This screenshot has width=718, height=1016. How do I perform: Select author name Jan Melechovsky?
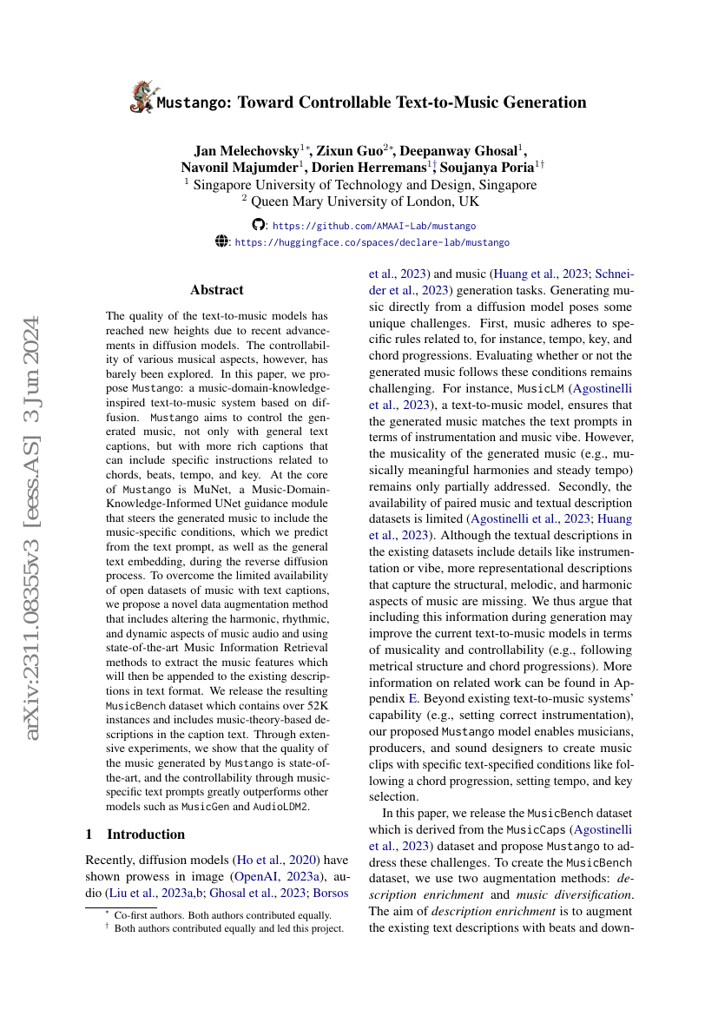(245, 149)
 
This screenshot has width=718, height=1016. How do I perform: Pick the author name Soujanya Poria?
(492, 167)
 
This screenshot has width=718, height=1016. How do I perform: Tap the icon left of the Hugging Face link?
(221, 242)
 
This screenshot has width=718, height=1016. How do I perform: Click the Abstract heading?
(217, 290)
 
